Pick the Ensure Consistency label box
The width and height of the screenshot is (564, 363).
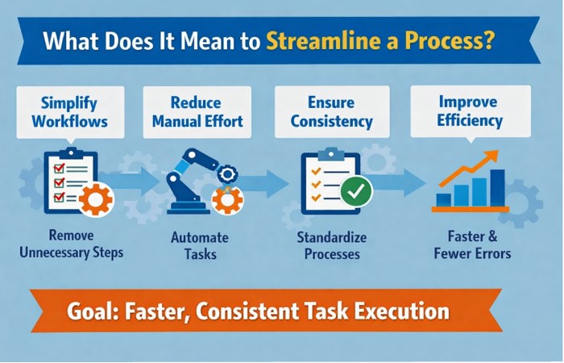point(332,113)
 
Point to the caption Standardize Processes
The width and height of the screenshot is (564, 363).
point(332,247)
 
